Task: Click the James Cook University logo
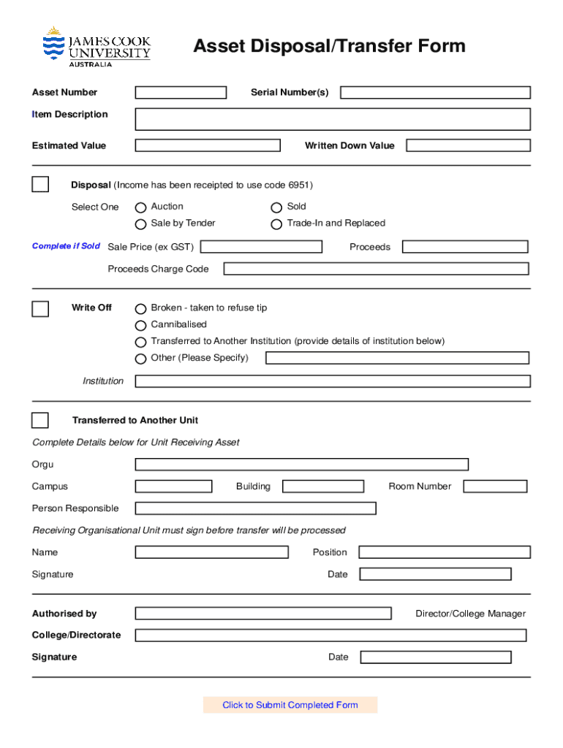[x=96, y=47]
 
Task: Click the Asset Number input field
[x=181, y=93]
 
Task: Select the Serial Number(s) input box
[x=435, y=93]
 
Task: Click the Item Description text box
[x=333, y=119]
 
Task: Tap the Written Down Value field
[x=468, y=145]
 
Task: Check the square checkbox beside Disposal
[x=40, y=185]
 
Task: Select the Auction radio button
[x=141, y=207]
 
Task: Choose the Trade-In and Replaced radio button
[x=276, y=224]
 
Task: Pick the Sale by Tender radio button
[x=141, y=224]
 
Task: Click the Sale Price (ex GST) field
[x=261, y=247]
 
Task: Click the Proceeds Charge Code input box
[x=376, y=269]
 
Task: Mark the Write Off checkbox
[x=40, y=309]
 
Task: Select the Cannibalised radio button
[x=141, y=326]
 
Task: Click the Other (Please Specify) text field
[x=397, y=358]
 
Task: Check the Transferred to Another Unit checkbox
[x=40, y=420]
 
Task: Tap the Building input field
[x=322, y=486]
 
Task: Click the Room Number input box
[x=495, y=486]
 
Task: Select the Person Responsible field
[x=255, y=508]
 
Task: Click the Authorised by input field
[x=263, y=614]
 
